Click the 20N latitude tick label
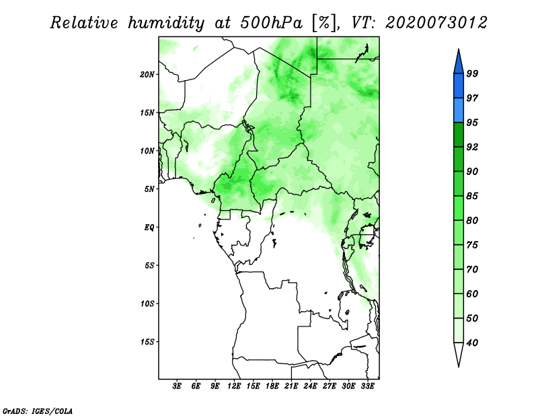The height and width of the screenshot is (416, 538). pyautogui.click(x=147, y=74)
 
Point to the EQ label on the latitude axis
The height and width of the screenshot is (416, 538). pyautogui.click(x=149, y=227)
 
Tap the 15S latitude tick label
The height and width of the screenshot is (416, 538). pyautogui.click(x=147, y=341)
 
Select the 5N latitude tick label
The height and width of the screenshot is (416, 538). pyautogui.click(x=149, y=189)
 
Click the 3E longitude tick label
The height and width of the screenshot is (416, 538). pyautogui.click(x=178, y=387)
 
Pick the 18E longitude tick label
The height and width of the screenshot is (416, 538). pyautogui.click(x=272, y=387)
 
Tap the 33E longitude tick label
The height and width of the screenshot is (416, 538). pyautogui.click(x=367, y=387)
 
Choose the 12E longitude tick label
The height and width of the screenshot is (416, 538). pyautogui.click(x=235, y=387)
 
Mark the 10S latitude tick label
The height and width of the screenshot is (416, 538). pyautogui.click(x=147, y=304)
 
